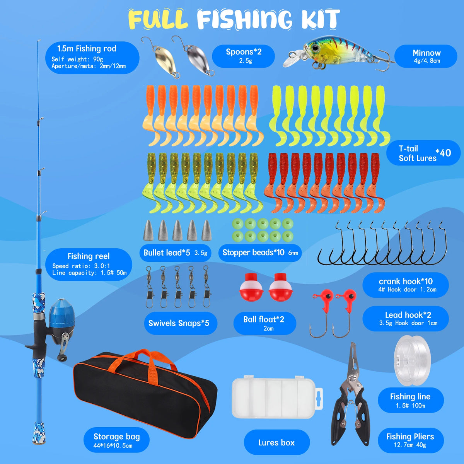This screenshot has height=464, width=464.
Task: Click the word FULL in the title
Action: coord(158,19)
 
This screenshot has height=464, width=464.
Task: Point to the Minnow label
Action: coord(426,56)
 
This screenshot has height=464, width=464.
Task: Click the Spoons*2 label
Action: coord(244,56)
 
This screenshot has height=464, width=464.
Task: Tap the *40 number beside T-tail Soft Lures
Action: coord(443,153)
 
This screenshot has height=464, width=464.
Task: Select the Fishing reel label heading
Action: coord(89,256)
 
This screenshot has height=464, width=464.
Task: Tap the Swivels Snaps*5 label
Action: coord(179,323)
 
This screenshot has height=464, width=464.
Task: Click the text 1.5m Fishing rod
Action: coord(87,49)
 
